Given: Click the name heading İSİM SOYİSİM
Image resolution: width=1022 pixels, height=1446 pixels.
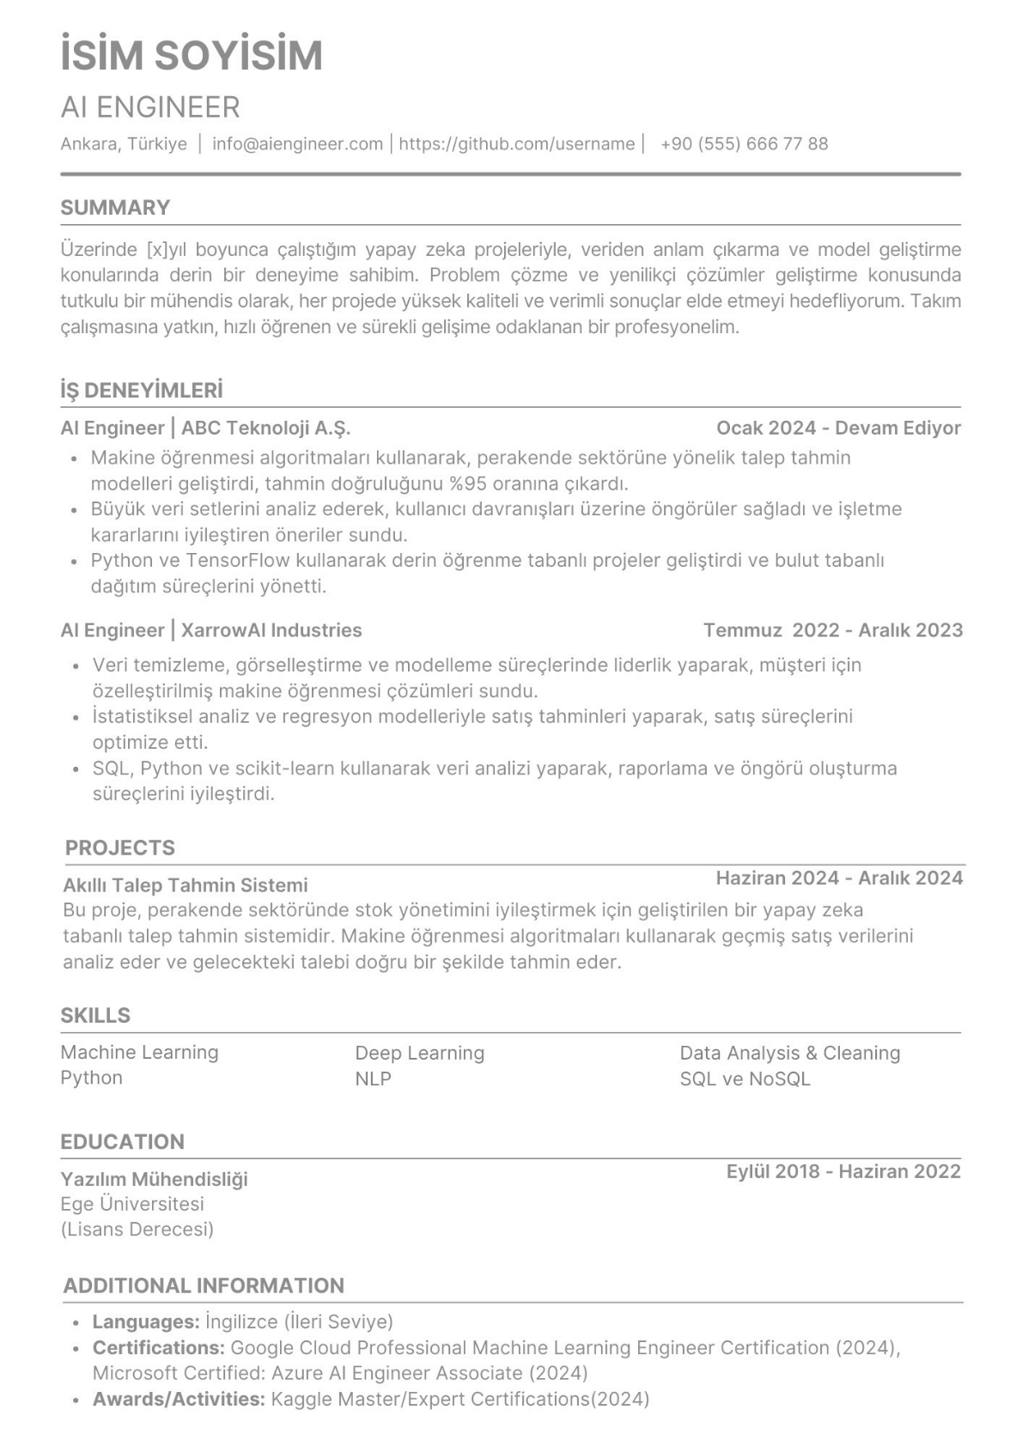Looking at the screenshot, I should pyautogui.click(x=192, y=55).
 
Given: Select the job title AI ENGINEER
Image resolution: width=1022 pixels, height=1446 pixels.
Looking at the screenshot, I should pyautogui.click(x=150, y=107).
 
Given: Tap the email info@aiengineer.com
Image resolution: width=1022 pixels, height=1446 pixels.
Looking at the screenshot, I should pyautogui.click(x=297, y=143).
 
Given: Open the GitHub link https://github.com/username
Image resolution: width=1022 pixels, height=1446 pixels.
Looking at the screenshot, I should pyautogui.click(x=516, y=143).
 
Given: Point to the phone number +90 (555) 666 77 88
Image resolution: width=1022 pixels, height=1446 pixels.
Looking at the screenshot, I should pyautogui.click(x=744, y=143).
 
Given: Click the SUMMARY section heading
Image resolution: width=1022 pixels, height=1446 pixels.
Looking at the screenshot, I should pyautogui.click(x=115, y=208).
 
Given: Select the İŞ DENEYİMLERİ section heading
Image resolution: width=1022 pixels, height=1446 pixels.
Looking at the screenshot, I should pyautogui.click(x=142, y=391).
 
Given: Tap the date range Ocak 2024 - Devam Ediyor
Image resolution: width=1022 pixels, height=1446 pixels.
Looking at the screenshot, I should pyautogui.click(x=838, y=428).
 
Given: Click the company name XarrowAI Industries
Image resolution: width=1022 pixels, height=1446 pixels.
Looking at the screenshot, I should pyautogui.click(x=271, y=630).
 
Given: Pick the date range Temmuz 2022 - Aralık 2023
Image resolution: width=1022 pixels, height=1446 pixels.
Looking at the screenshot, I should pyautogui.click(x=832, y=630).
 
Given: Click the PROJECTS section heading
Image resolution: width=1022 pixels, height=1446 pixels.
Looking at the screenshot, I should pyautogui.click(x=120, y=848).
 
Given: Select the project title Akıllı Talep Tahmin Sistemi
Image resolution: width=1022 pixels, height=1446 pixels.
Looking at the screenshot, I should pyautogui.click(x=186, y=885).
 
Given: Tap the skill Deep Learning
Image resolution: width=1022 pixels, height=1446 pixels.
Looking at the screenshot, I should pyautogui.click(x=420, y=1053).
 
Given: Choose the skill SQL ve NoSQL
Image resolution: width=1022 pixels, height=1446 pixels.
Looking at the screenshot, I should pyautogui.click(x=745, y=1078).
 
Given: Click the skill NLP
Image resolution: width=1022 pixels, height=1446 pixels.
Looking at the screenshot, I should pyautogui.click(x=373, y=1078).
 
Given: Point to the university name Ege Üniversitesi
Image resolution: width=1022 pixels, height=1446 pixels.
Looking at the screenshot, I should pyautogui.click(x=132, y=1204).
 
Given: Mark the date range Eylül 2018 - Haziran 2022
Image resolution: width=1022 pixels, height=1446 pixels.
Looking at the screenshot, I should pyautogui.click(x=843, y=1171).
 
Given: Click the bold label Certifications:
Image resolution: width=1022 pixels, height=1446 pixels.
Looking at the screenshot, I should pyautogui.click(x=159, y=1347).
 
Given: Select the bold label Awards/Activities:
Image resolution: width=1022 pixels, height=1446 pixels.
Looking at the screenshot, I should pyautogui.click(x=179, y=1399).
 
